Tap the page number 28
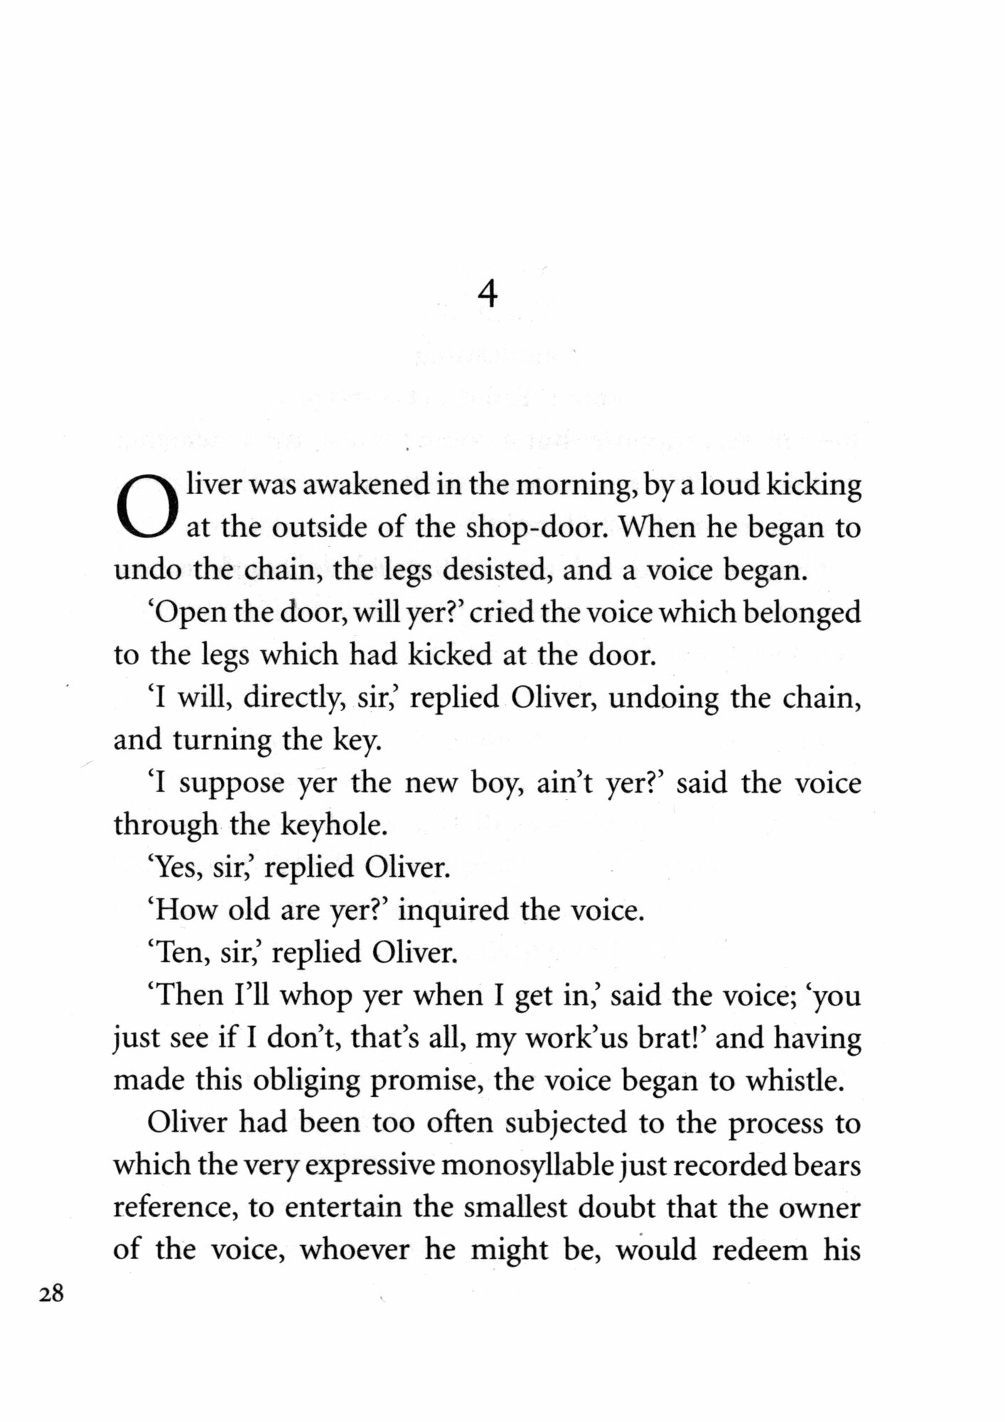(51, 1294)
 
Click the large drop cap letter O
(145, 507)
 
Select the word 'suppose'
(232, 784)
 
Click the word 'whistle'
(794, 1081)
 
